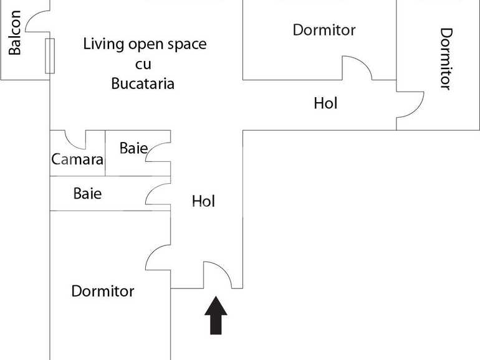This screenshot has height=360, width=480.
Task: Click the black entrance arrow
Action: [x=216, y=315]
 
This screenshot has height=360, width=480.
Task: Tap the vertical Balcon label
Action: [x=15, y=32]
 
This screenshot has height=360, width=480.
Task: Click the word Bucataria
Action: [x=143, y=83]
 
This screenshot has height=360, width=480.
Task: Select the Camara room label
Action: [x=77, y=159]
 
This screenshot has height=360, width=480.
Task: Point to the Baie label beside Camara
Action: [x=134, y=148]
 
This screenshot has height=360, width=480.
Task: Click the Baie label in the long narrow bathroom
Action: [x=87, y=194]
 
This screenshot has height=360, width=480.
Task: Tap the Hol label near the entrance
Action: [x=204, y=201]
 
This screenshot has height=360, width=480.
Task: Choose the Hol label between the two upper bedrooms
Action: [x=325, y=103]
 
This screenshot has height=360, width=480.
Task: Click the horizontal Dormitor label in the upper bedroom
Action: [x=324, y=30]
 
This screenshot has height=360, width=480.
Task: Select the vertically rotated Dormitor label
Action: [x=446, y=59]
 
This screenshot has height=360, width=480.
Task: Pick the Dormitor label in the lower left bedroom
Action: [x=103, y=291]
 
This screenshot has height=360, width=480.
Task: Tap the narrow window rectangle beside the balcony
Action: [x=50, y=56]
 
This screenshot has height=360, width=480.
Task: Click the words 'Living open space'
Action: [x=145, y=44]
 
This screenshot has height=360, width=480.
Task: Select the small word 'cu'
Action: [x=143, y=65]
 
